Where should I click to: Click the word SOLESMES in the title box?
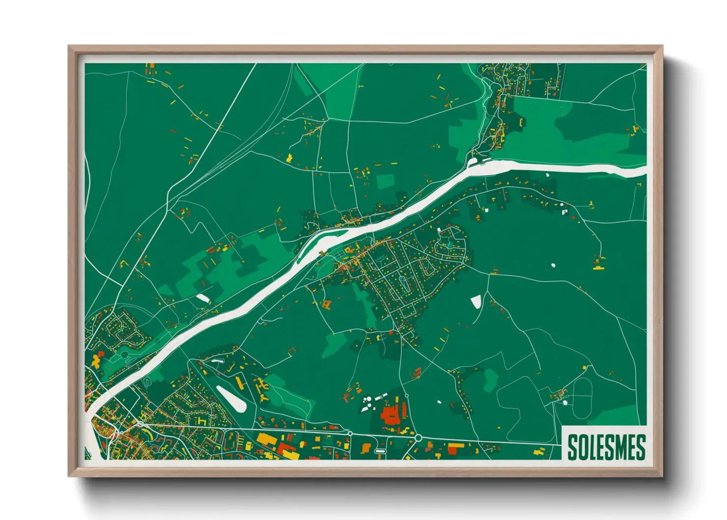(x=606, y=447)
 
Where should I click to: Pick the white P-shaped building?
(x=565, y=211)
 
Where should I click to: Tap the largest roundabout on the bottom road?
(x=418, y=437)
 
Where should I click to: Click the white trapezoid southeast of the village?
(x=476, y=301)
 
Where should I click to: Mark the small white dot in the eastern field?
(x=553, y=265)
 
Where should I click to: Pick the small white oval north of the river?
(x=202, y=298)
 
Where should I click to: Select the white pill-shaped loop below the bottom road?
(x=380, y=451)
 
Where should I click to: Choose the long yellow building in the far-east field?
(x=598, y=268)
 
